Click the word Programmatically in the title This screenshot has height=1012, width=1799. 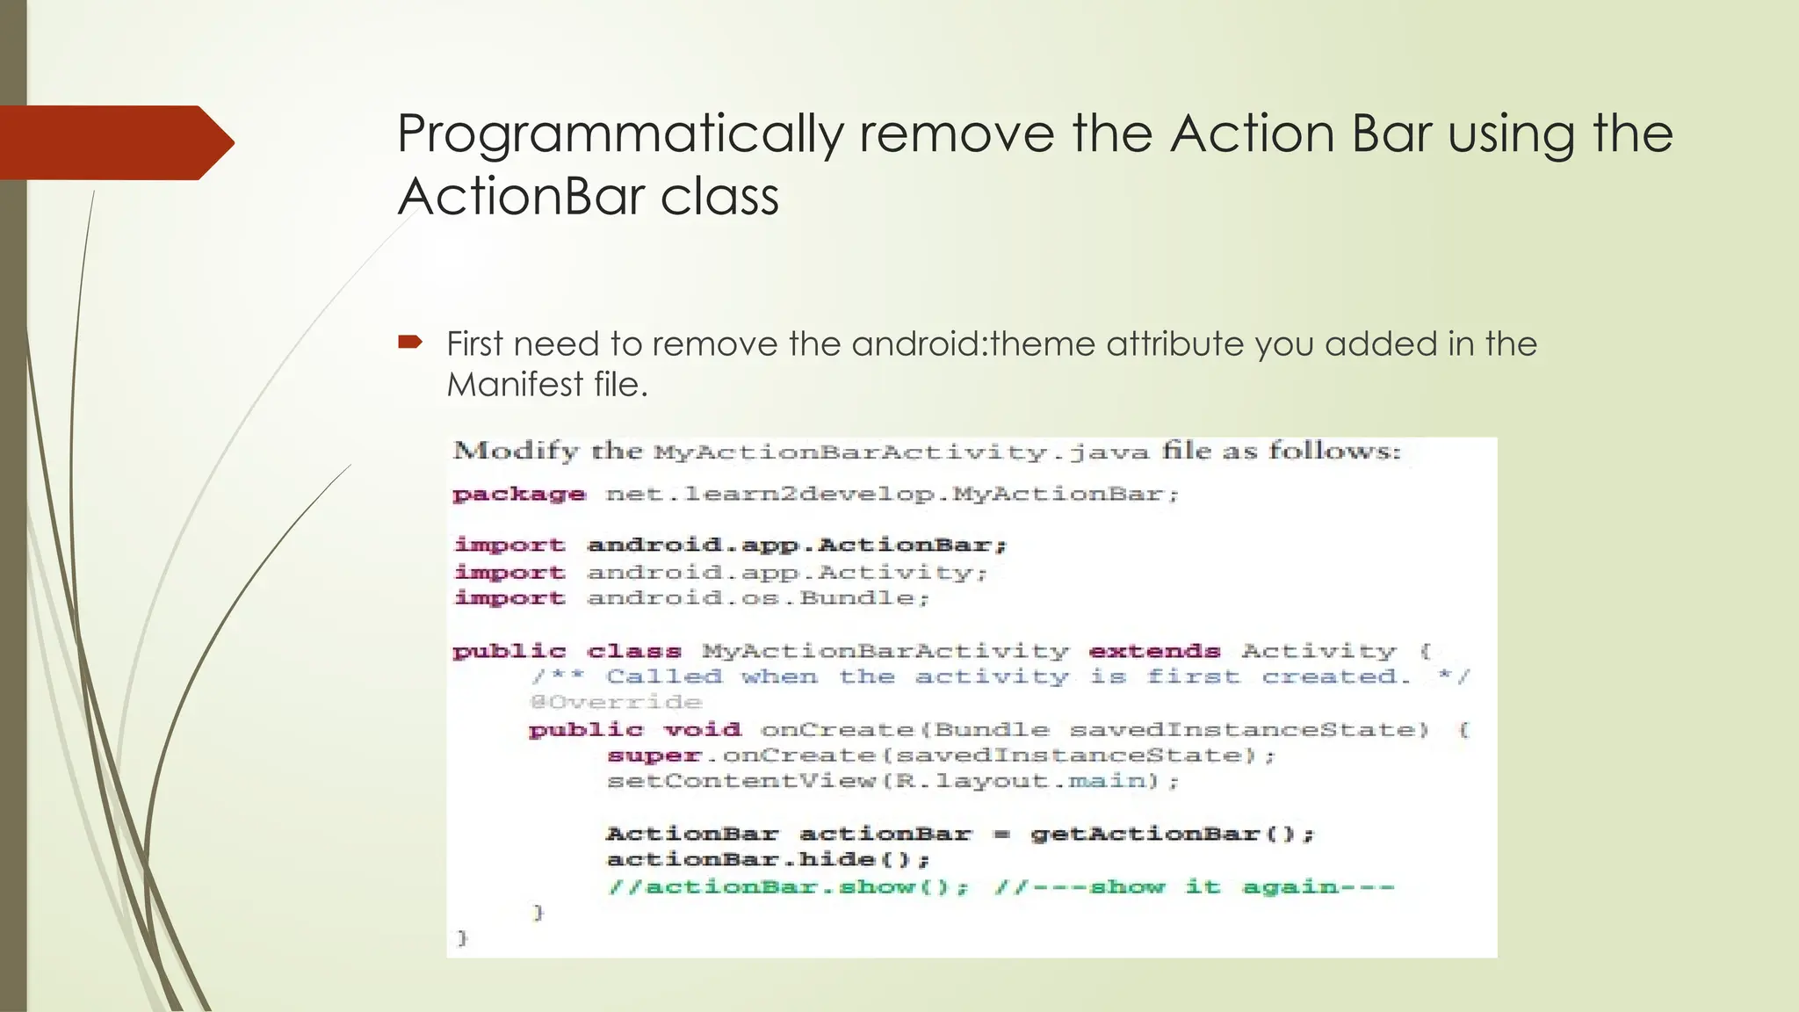pyautogui.click(x=619, y=135)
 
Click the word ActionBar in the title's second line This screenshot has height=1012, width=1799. pyautogui.click(x=521, y=196)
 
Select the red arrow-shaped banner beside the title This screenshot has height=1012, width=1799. pyautogui.click(x=114, y=142)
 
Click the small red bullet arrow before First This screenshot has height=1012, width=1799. pyautogui.click(x=410, y=342)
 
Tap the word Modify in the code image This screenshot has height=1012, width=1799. pyautogui.click(x=517, y=452)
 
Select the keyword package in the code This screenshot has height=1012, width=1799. pyautogui.click(x=518, y=495)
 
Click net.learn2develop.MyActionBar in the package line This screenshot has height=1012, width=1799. pyautogui.click(x=891, y=494)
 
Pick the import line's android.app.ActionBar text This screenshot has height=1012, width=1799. pyautogui.click(x=796, y=546)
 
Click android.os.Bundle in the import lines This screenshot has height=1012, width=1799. pyautogui.click(x=757, y=598)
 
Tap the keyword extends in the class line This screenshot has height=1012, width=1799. pyautogui.click(x=1154, y=652)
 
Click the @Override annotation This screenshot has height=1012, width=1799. pyautogui.click(x=616, y=703)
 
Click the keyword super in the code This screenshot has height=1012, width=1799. pyautogui.click(x=654, y=755)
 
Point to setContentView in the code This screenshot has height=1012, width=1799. pyautogui.click(x=741, y=781)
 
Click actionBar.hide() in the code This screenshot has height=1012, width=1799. pyautogui.click(x=767, y=859)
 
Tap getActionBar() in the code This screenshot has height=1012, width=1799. pyautogui.click(x=1172, y=834)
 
